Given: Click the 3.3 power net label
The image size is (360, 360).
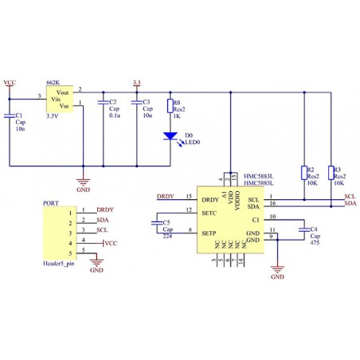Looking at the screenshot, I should coord(137,82).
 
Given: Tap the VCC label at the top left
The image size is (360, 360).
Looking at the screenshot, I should coord(10,82).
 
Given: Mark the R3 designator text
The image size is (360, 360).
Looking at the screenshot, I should coord(338,170).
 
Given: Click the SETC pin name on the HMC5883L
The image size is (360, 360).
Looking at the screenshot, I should coord(210,214).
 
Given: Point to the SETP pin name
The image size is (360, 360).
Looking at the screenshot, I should coord(210,233).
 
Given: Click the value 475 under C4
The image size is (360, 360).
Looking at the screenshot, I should coord(315,243).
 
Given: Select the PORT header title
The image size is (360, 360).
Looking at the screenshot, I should coord(50,204).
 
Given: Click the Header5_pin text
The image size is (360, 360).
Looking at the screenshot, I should coord(60,262).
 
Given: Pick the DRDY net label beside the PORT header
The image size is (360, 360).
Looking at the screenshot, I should coord(104,209).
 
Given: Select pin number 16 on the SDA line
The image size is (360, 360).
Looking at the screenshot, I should coord(272,204).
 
